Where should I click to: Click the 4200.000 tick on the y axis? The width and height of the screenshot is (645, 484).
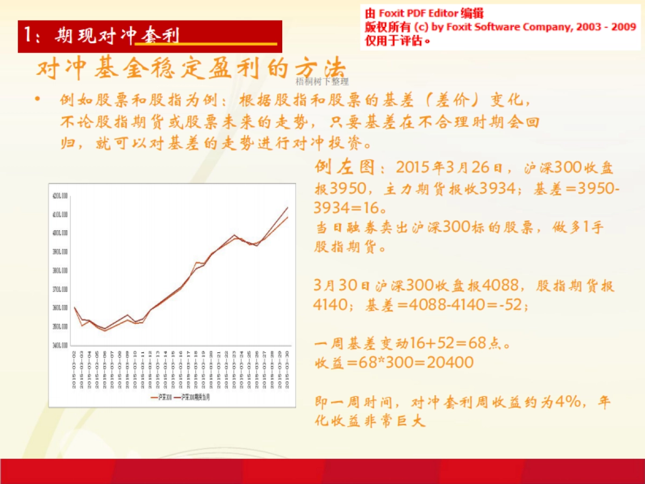click(x=60, y=196)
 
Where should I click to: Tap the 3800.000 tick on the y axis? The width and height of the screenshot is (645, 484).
click(x=60, y=271)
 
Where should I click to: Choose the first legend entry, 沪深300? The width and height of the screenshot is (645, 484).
click(x=162, y=397)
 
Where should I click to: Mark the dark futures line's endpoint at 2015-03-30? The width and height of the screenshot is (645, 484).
click(x=288, y=208)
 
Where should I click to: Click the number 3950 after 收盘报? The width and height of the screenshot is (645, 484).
click(x=349, y=189)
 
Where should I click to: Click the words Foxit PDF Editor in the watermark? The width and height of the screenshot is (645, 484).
click(x=418, y=13)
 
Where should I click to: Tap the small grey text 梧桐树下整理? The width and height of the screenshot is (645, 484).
click(x=322, y=82)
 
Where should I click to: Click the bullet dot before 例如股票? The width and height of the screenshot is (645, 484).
click(x=38, y=99)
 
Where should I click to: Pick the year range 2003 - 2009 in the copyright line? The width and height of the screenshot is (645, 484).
click(x=607, y=27)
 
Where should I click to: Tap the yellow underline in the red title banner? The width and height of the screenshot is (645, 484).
click(x=206, y=44)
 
